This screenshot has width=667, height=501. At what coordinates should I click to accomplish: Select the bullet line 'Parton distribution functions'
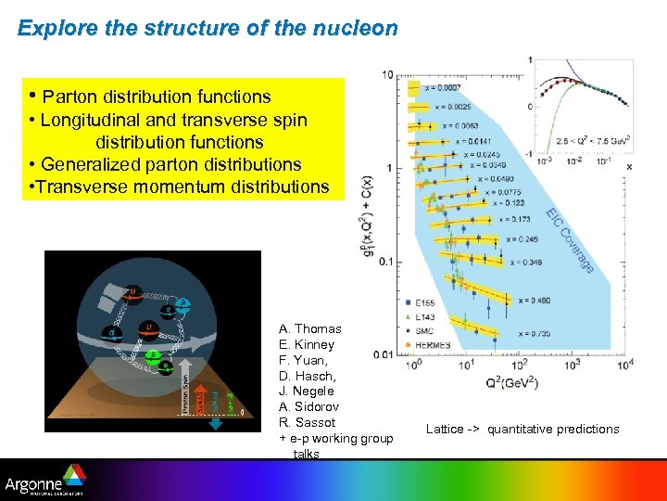click(156, 96)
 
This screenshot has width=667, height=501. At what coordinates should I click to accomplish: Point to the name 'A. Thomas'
click(310, 328)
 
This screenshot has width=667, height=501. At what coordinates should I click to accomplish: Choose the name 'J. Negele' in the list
click(307, 391)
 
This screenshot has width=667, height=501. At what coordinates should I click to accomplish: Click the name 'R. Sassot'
click(308, 422)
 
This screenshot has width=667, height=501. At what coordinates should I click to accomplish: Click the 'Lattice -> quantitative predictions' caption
click(522, 429)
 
